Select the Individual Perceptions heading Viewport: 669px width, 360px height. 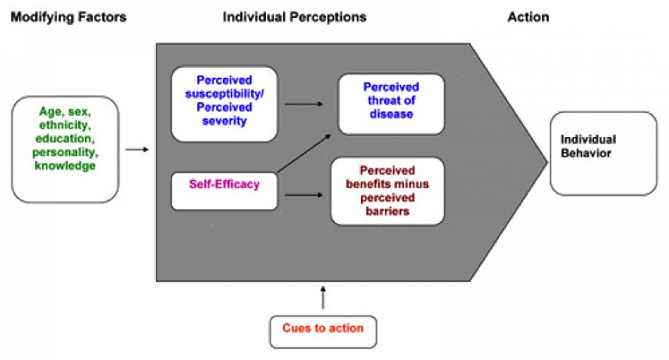[x=294, y=17]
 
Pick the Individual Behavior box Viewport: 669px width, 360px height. [x=603, y=153]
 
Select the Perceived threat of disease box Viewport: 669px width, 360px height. [x=391, y=104]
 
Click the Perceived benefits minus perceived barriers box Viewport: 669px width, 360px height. [x=387, y=190]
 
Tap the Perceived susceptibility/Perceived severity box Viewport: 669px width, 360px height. [x=225, y=104]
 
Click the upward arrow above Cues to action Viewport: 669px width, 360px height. [x=323, y=297]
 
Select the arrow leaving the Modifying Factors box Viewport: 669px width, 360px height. [x=136, y=147]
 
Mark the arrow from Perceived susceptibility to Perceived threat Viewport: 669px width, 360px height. [x=304, y=104]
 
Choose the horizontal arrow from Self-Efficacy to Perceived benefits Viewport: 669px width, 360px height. [x=303, y=194]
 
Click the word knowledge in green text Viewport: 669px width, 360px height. [x=65, y=166]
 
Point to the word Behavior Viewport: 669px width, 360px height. [x=583, y=154]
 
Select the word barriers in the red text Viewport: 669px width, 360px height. [x=388, y=211]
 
